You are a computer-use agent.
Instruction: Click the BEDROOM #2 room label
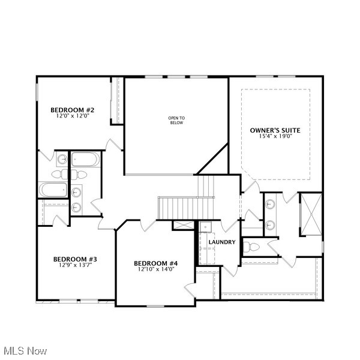point(72,110)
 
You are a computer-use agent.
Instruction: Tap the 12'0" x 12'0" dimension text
point(72,117)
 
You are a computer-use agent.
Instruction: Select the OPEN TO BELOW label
point(176,121)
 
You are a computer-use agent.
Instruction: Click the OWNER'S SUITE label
point(275,130)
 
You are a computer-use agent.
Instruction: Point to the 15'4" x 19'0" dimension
point(275,137)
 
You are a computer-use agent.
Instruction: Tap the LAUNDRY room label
point(221,242)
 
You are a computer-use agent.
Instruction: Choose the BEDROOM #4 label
point(156,263)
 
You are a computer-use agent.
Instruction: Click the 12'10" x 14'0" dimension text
point(156,270)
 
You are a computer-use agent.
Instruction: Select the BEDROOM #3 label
point(75,259)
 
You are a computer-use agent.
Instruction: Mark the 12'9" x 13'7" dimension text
point(75,266)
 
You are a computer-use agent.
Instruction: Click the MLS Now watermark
point(25,350)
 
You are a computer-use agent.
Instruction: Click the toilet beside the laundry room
point(251,247)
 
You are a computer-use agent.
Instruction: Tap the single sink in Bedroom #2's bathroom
point(62,160)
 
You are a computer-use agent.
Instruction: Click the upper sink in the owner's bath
point(270,203)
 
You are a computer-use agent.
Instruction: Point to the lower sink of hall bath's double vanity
point(77,207)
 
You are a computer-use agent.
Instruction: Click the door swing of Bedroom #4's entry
point(148,226)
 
